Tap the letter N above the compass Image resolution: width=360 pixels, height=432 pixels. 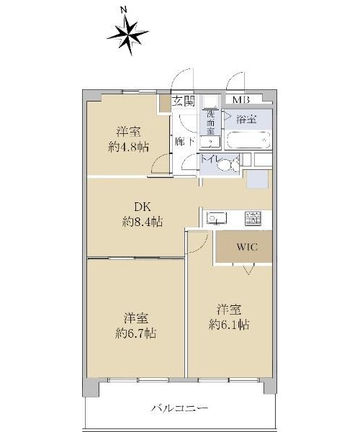click(x=124, y=10)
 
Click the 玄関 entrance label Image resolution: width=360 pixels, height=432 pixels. click(x=184, y=101)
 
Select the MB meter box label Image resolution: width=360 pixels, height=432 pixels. click(x=241, y=99)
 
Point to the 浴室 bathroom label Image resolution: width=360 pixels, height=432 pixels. click(x=246, y=120)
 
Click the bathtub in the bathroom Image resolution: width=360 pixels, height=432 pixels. click(x=248, y=140)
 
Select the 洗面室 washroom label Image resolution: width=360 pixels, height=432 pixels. click(x=210, y=122)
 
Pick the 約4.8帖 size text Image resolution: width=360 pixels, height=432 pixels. click(x=129, y=148)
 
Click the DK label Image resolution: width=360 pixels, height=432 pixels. click(x=143, y=207)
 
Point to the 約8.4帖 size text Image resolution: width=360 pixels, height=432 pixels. click(x=143, y=222)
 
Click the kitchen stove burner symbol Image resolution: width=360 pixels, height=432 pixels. click(x=253, y=218)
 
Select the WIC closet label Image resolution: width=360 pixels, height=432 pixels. click(x=248, y=246)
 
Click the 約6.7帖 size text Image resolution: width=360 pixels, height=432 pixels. click(x=136, y=333)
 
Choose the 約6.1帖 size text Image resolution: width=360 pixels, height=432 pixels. click(x=229, y=325)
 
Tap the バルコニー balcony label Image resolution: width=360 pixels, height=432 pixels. click(x=179, y=408)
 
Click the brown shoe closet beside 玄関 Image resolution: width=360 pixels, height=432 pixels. click(x=165, y=104)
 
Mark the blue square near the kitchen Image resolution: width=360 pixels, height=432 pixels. click(x=257, y=179)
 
